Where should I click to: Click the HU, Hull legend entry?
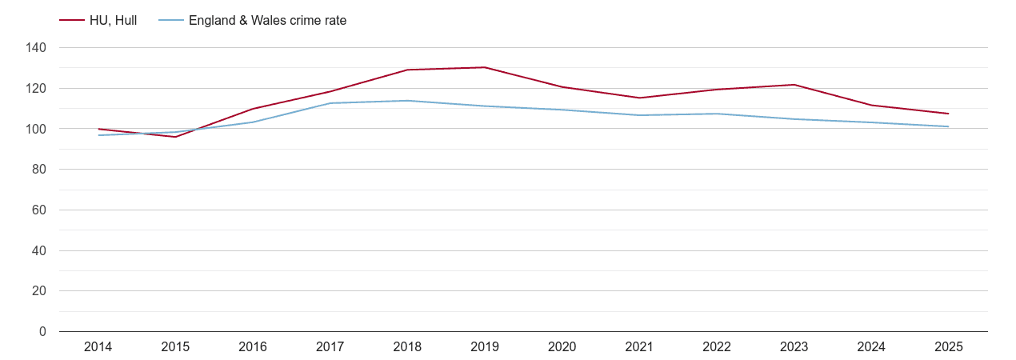(113, 21)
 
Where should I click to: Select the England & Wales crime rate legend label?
(267, 21)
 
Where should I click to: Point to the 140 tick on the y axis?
(36, 48)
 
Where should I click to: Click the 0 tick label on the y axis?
(42, 331)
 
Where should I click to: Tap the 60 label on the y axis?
(39, 210)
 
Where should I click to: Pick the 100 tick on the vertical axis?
(36, 129)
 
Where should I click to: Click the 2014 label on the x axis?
(98, 347)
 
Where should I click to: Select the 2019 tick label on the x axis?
(485, 347)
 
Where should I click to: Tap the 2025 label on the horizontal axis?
(949, 347)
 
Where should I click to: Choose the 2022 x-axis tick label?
(717, 347)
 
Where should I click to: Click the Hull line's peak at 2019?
(485, 67)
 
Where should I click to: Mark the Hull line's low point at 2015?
(175, 137)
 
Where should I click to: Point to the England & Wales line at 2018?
(407, 101)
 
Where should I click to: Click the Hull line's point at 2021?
(639, 98)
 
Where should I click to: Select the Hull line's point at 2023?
(794, 85)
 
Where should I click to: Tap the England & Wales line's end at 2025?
(949, 126)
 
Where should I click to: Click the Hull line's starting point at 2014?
(98, 129)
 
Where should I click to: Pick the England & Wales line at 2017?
(330, 103)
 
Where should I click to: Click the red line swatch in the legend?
(72, 21)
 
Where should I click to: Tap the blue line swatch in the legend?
(170, 21)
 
